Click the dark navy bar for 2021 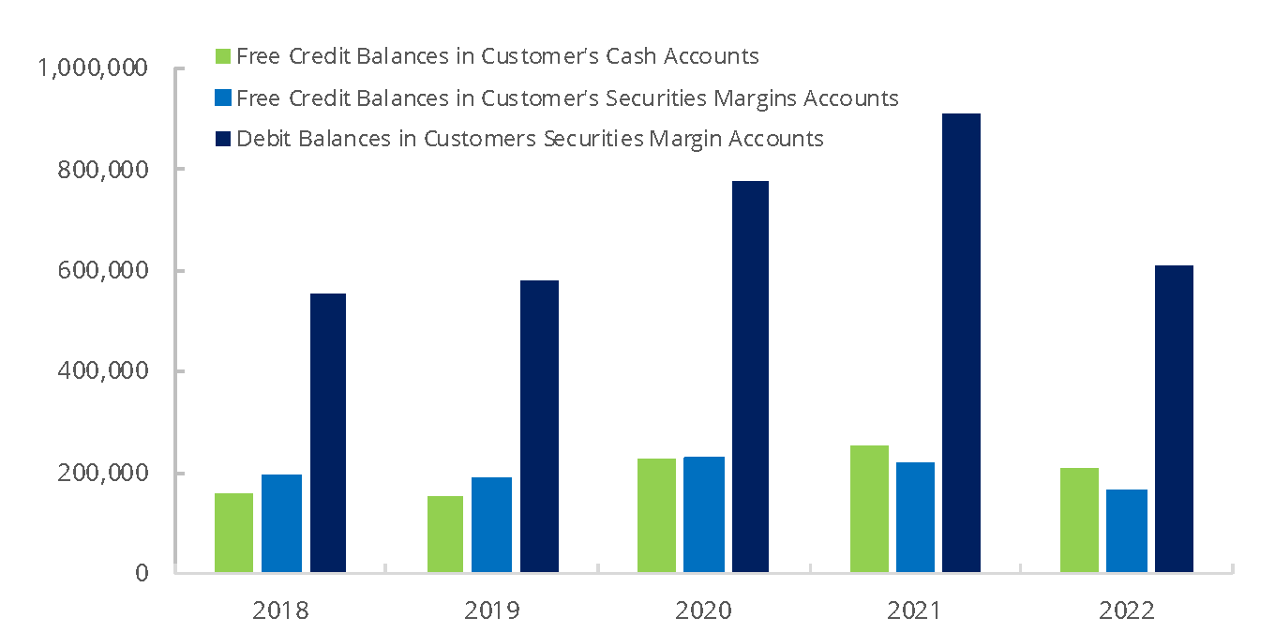961,342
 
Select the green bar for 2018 233,532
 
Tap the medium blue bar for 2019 491,524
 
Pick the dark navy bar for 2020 750,376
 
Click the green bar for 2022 1079,520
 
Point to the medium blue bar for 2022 1127,530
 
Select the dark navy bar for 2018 328,432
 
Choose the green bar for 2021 869,508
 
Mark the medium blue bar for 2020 704,514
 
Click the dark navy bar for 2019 539,426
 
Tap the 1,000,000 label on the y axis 92,68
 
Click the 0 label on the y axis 142,572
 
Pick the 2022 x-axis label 1127,610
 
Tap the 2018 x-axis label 280,610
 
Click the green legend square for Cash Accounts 222,56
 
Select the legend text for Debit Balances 530,139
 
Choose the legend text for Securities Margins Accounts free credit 567,98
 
